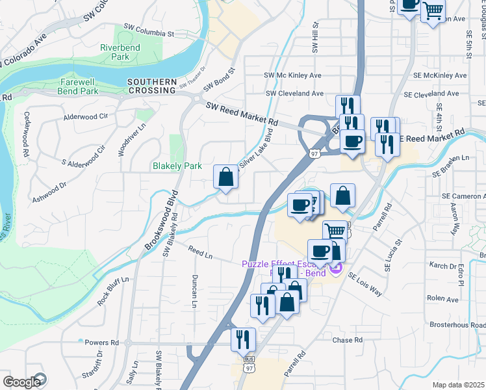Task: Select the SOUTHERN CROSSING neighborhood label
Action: [x=152, y=86]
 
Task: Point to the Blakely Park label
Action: [x=177, y=166]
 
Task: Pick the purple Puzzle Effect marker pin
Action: [x=335, y=266]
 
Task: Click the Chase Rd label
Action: [x=347, y=340]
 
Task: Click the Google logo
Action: [x=23, y=382]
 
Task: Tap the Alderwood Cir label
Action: [x=85, y=117]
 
